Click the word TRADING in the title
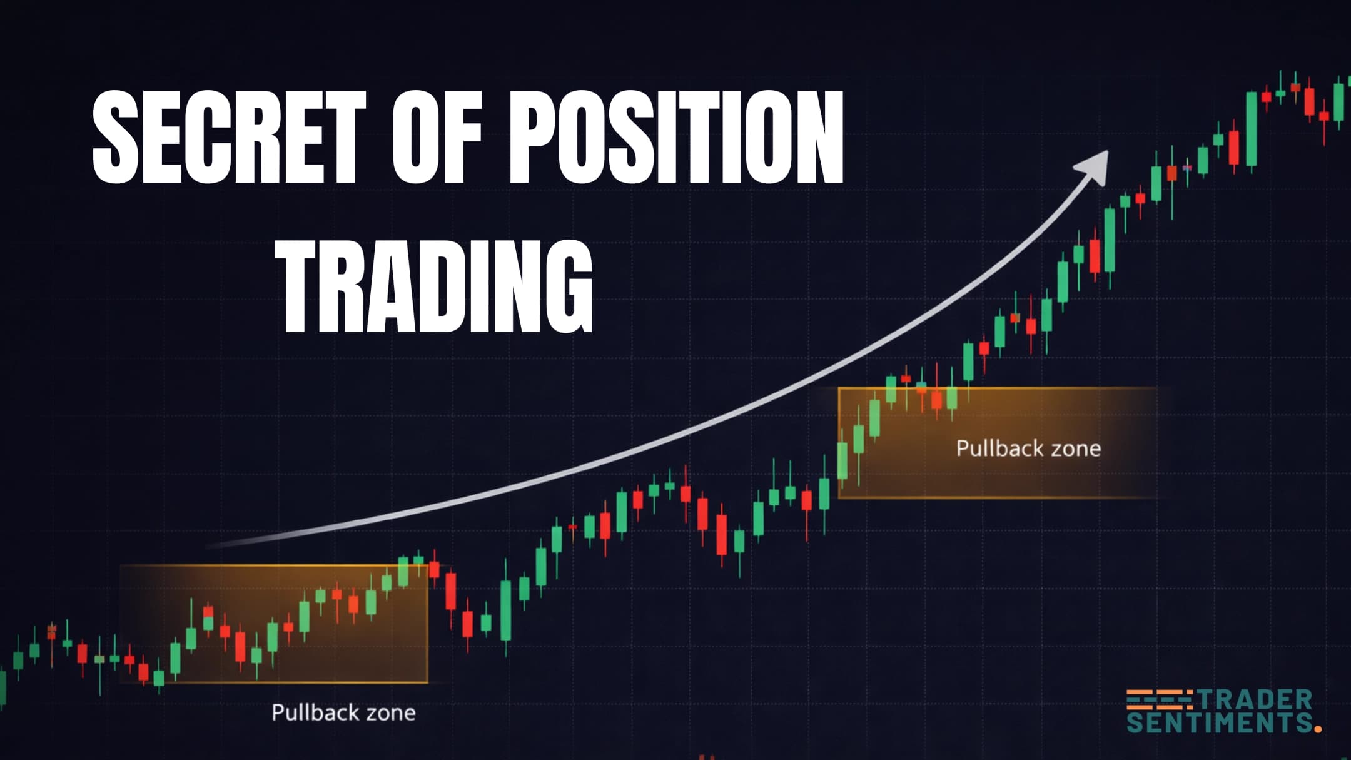coord(436,288)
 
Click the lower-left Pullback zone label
coord(343,712)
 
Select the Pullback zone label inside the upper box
coord(1028,448)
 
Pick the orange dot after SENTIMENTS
coord(1318,728)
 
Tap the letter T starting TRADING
coord(301,288)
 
